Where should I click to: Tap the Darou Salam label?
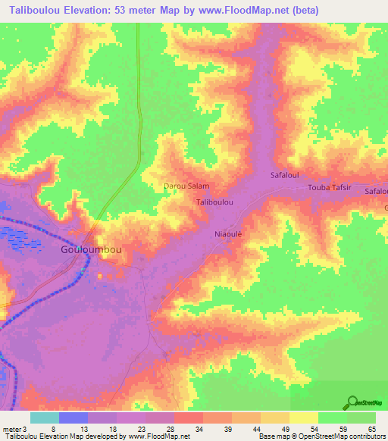186,186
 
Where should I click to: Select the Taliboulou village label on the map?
214,203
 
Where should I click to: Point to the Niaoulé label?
228,234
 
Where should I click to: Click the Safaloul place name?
285,175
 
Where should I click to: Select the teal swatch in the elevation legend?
45,418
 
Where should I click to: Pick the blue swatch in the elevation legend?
74,418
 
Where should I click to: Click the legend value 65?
371,429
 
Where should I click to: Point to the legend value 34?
199,429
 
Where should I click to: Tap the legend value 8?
53,429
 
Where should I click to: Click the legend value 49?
284,429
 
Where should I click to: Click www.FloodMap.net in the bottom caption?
158,437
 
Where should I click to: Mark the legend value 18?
111,429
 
